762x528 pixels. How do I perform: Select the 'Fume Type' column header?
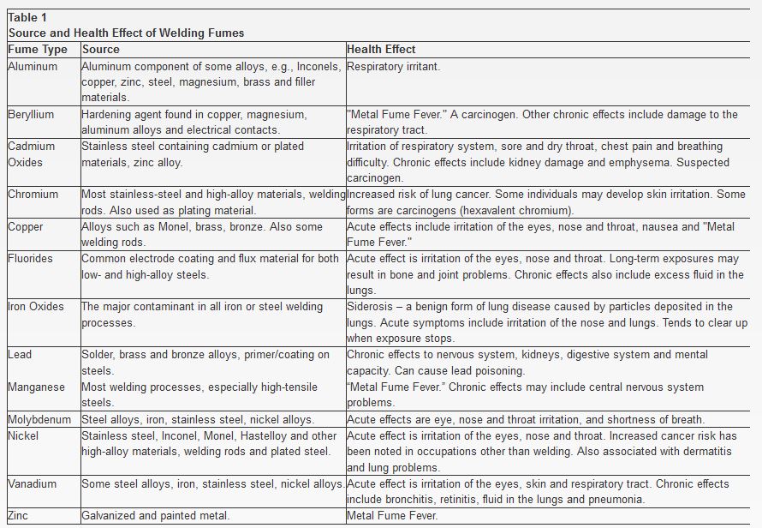38,50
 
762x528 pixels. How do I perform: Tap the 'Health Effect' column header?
381,50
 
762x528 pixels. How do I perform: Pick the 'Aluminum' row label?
33,66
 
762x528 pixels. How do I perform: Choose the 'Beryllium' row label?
31,114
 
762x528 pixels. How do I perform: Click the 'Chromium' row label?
33,195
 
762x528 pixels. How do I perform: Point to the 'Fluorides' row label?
30,259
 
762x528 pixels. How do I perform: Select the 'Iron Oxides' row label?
36,307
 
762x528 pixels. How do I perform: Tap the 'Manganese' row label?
36,387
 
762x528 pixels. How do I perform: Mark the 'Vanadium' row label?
33,484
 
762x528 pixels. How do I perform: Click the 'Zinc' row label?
18,516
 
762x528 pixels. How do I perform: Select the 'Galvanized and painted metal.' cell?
155,516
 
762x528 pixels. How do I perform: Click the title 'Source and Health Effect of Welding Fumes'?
126,33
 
